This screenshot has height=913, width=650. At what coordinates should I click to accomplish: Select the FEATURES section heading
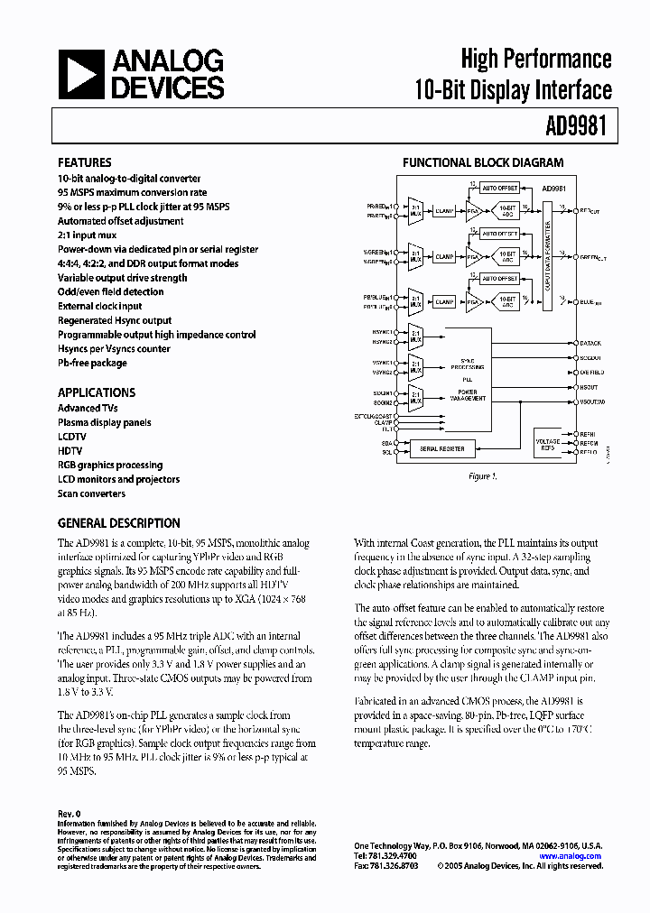[x=85, y=163]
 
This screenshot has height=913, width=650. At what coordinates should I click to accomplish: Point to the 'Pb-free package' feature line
[x=92, y=363]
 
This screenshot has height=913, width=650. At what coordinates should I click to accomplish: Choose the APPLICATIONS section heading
[x=97, y=392]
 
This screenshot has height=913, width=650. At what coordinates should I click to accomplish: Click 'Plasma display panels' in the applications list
[x=105, y=422]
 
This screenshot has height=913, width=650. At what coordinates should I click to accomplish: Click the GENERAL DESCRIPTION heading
[x=118, y=523]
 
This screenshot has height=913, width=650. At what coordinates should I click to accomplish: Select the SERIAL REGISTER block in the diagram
[x=441, y=448]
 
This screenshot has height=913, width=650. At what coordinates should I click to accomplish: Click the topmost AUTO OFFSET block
[x=499, y=188]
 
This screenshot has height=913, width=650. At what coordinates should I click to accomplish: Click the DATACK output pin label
[x=590, y=344]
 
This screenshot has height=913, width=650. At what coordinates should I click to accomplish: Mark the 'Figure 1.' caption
[x=482, y=476]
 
